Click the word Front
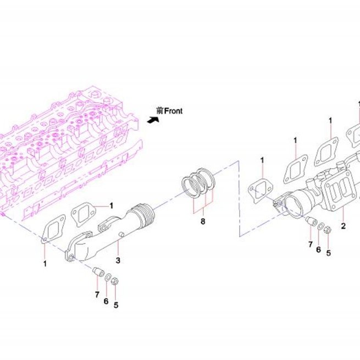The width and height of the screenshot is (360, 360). [174, 111]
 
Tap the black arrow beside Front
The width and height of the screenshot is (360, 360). [153, 120]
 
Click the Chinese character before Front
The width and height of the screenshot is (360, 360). [160, 111]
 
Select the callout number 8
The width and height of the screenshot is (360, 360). [203, 221]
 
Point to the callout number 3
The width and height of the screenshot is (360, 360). [118, 261]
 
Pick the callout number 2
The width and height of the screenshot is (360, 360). [344, 226]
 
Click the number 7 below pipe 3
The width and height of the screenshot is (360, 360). [97, 295]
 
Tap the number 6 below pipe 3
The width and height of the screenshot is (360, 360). [106, 301]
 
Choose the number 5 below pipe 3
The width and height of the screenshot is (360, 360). [116, 305]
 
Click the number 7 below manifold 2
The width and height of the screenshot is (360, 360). [311, 244]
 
